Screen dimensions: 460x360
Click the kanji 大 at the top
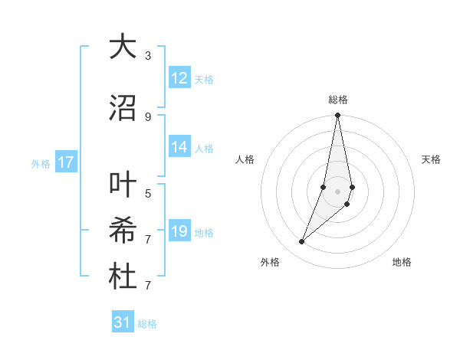123,47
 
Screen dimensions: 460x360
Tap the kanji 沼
123,108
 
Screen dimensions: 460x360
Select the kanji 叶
123,185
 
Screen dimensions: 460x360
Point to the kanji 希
123,231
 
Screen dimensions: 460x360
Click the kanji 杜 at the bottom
123,277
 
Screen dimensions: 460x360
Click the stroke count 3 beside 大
148,56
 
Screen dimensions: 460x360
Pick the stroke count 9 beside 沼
148,116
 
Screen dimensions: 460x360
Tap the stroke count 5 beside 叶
148,193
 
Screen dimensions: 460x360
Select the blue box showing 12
179,78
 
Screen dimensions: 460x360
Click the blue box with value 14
179,147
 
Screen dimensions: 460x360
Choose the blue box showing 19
179,231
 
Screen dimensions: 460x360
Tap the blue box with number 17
65,162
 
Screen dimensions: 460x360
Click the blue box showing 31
123,322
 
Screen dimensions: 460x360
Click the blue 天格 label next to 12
204,79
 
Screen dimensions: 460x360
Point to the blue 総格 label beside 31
147,324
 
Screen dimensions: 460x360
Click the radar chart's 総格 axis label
338,100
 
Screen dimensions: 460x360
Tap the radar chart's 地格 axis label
402,262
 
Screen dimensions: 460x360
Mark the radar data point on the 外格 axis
301,242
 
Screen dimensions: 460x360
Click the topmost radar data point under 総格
338,116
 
